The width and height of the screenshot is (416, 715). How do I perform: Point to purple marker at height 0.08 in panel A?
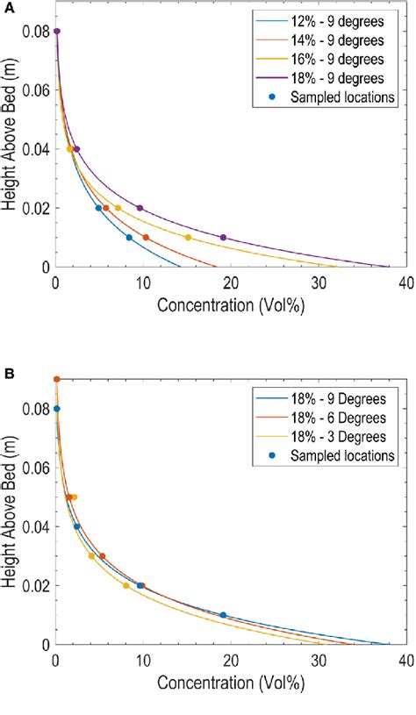[56, 31]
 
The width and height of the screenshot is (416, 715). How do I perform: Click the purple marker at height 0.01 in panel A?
[223, 238]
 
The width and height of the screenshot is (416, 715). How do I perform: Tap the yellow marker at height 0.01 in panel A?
[188, 238]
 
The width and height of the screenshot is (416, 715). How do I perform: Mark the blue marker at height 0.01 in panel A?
[129, 238]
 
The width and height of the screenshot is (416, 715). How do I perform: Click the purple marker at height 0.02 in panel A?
[140, 208]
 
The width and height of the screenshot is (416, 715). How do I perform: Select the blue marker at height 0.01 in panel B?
[223, 615]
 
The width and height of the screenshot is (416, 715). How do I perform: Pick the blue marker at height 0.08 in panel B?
[56, 409]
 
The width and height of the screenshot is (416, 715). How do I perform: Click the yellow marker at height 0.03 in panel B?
[91, 556]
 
